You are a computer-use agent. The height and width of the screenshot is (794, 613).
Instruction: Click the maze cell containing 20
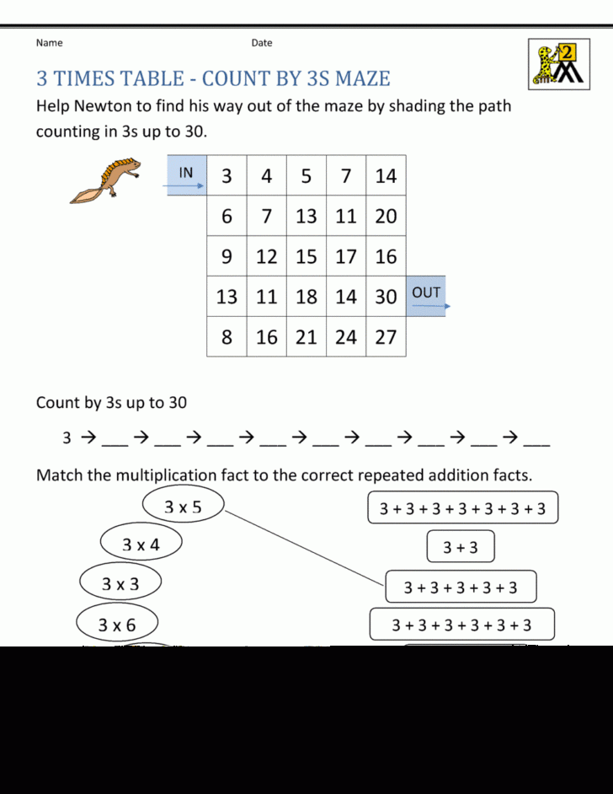[386, 216]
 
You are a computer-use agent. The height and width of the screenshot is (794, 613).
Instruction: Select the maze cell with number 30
[386, 297]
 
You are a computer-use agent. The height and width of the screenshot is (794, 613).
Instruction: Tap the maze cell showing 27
[386, 337]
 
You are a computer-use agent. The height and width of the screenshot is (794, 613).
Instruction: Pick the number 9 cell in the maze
[227, 256]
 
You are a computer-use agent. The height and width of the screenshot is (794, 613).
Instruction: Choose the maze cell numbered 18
[306, 297]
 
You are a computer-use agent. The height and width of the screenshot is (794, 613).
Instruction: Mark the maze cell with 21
[306, 337]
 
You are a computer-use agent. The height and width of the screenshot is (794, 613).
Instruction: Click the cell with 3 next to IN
[227, 176]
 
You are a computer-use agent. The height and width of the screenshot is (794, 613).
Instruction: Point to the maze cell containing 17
[346, 256]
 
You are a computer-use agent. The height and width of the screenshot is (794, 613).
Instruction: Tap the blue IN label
[186, 174]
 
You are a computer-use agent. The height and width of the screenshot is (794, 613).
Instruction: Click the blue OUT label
[426, 293]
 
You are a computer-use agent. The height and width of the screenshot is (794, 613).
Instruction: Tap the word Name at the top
[49, 43]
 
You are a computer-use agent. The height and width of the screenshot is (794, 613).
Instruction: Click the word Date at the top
[262, 43]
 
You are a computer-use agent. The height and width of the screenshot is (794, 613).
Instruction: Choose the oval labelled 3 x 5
[183, 507]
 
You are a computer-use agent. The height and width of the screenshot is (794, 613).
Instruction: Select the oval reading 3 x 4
[141, 545]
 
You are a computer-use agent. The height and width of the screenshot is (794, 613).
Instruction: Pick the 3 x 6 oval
[117, 625]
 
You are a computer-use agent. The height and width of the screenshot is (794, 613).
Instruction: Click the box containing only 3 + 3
[460, 548]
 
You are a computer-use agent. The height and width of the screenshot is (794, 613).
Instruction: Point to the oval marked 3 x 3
[120, 583]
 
